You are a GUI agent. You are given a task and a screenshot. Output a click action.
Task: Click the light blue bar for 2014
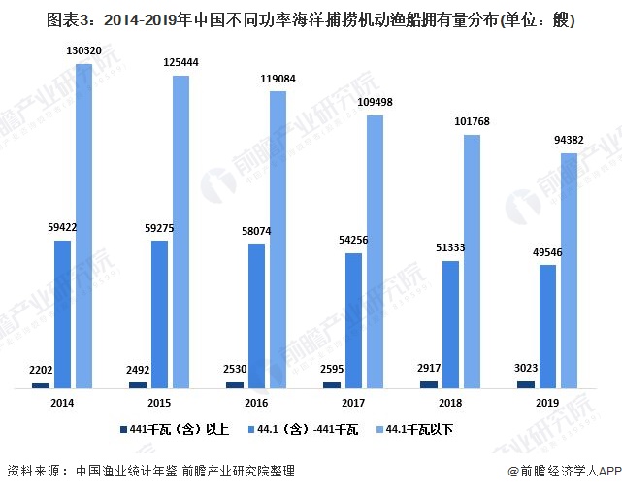pos(83,227)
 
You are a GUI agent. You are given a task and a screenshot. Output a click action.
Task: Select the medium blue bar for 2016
pos(256,316)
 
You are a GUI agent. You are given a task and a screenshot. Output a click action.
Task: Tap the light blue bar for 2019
pos(569,272)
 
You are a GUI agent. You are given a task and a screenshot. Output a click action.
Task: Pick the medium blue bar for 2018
pos(450,325)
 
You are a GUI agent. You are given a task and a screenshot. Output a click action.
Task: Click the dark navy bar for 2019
pos(525,385)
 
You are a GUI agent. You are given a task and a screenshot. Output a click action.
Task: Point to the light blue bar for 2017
pos(375,252)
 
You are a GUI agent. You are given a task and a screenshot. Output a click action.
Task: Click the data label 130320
pos(84,51)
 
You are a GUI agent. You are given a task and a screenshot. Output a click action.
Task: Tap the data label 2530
pos(235,370)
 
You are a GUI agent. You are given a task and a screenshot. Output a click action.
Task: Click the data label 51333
pos(450,248)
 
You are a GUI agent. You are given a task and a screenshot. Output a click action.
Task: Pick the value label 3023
pos(525,369)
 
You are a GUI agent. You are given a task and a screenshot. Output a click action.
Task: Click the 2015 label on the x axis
pos(159,402)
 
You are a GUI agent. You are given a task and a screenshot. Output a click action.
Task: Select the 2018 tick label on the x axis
pos(450,402)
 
